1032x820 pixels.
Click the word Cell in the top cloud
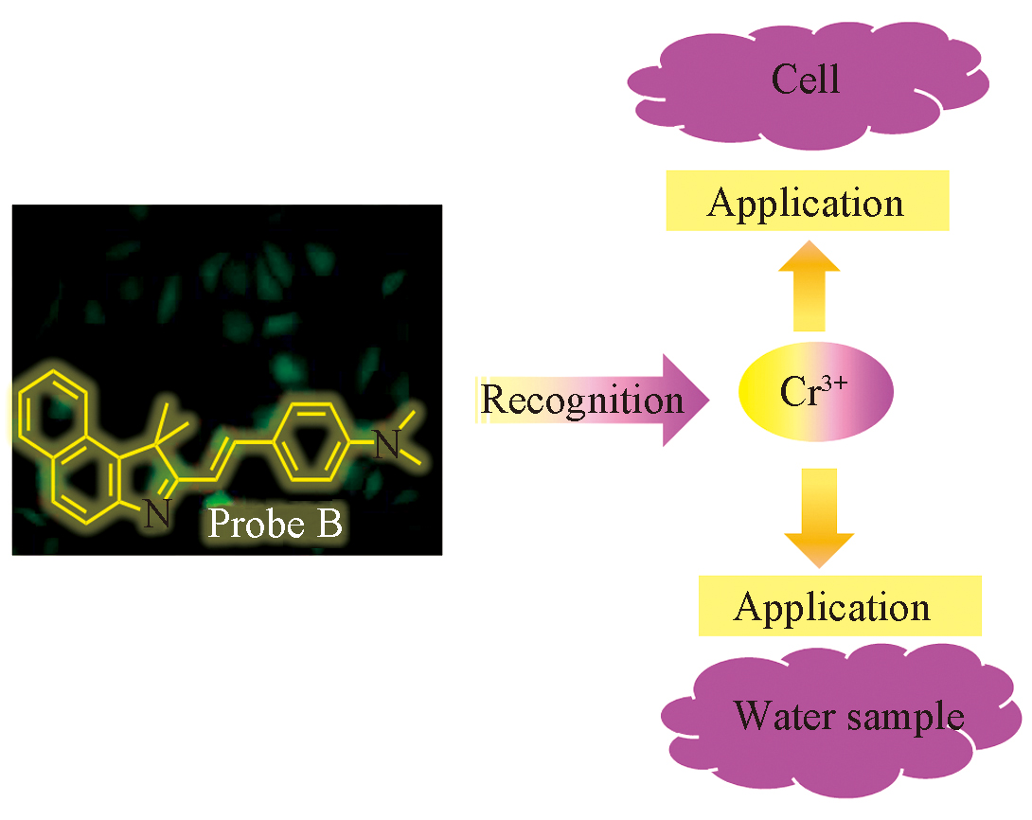[x=806, y=80]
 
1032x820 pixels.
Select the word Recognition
[x=581, y=399]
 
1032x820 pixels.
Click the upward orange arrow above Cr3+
[x=810, y=283]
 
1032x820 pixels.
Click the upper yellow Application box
[x=806, y=202]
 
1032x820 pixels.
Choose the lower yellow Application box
[x=832, y=607]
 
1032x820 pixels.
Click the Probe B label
[x=275, y=523]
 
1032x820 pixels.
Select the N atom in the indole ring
[x=157, y=516]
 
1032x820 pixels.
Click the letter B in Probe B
[x=329, y=523]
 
